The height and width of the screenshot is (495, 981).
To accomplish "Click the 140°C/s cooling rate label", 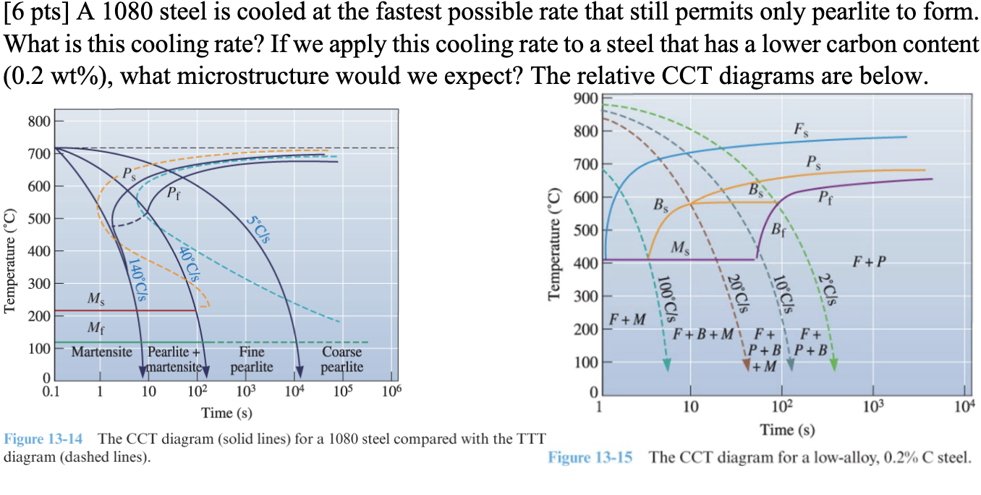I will (137, 279).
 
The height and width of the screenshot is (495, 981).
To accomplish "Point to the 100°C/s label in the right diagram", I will (673, 298).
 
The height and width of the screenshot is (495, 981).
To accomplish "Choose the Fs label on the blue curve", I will (801, 130).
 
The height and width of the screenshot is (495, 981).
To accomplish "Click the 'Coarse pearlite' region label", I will (342, 360).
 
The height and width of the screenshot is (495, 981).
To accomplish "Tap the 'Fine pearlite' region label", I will (252, 360).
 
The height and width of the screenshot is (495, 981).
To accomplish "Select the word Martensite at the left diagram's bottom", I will (102, 352).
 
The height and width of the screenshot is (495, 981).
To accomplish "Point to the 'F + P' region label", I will (868, 261).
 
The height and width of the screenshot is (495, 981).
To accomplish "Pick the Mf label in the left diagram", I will (95, 328).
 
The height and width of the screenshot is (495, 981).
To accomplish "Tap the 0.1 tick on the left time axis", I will (51, 392).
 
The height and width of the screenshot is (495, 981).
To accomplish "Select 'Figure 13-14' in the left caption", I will (43, 439).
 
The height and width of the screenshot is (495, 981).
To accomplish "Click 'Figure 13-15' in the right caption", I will (590, 457).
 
